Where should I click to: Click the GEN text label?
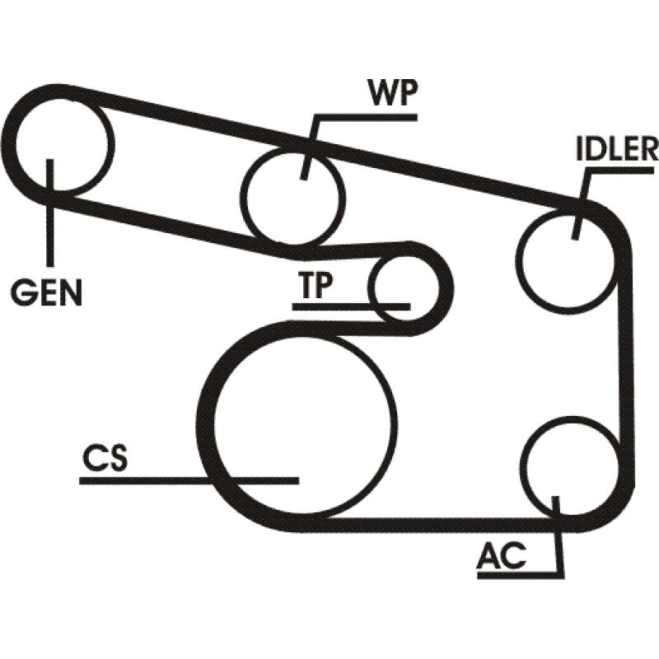tap(47, 292)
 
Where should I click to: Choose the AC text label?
tap(500, 557)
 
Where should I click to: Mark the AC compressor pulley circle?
tap(568, 465)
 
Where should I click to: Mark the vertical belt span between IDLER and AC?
tap(632, 362)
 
